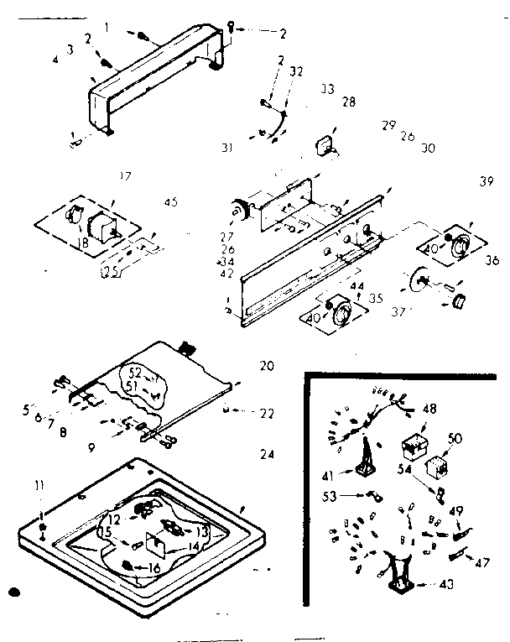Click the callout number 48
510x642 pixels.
430,410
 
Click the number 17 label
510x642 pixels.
126,175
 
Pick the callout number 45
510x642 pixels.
171,201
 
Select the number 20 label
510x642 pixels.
267,366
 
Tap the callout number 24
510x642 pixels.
267,455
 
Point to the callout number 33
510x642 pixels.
327,88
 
